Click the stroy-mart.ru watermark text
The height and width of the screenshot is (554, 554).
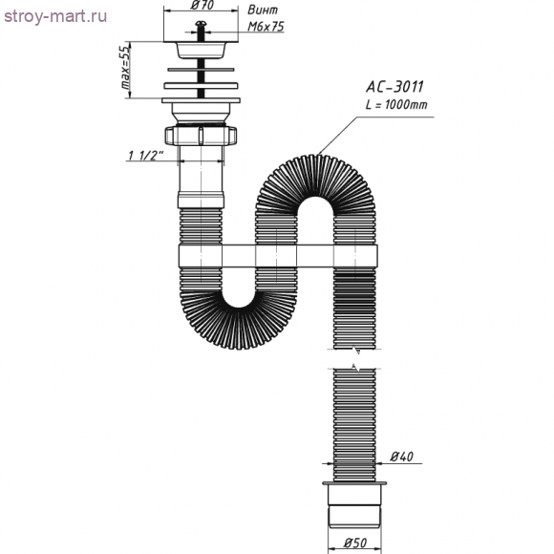click(55, 16)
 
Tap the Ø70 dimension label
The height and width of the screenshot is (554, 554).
click(202, 5)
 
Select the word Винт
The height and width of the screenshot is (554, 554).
click(263, 10)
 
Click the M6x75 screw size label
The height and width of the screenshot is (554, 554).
click(266, 27)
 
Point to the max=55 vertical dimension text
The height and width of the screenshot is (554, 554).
click(125, 67)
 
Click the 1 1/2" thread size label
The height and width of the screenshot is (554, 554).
click(145, 156)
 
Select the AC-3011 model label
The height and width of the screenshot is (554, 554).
click(394, 87)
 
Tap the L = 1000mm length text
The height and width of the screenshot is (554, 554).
click(396, 104)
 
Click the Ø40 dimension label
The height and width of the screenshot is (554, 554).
click(402, 457)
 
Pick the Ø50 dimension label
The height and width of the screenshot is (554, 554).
click(354, 543)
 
